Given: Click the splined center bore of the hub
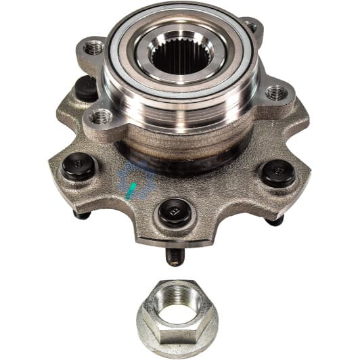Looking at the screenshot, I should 181,55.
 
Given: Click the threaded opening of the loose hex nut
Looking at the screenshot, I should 177,298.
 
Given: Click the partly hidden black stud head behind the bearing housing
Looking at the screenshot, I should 86,87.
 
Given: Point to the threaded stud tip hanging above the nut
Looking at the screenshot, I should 175,256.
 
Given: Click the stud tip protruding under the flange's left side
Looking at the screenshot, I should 82,215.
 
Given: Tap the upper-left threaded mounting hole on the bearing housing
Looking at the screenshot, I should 94,47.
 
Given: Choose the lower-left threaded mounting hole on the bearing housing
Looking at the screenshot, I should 101,117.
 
